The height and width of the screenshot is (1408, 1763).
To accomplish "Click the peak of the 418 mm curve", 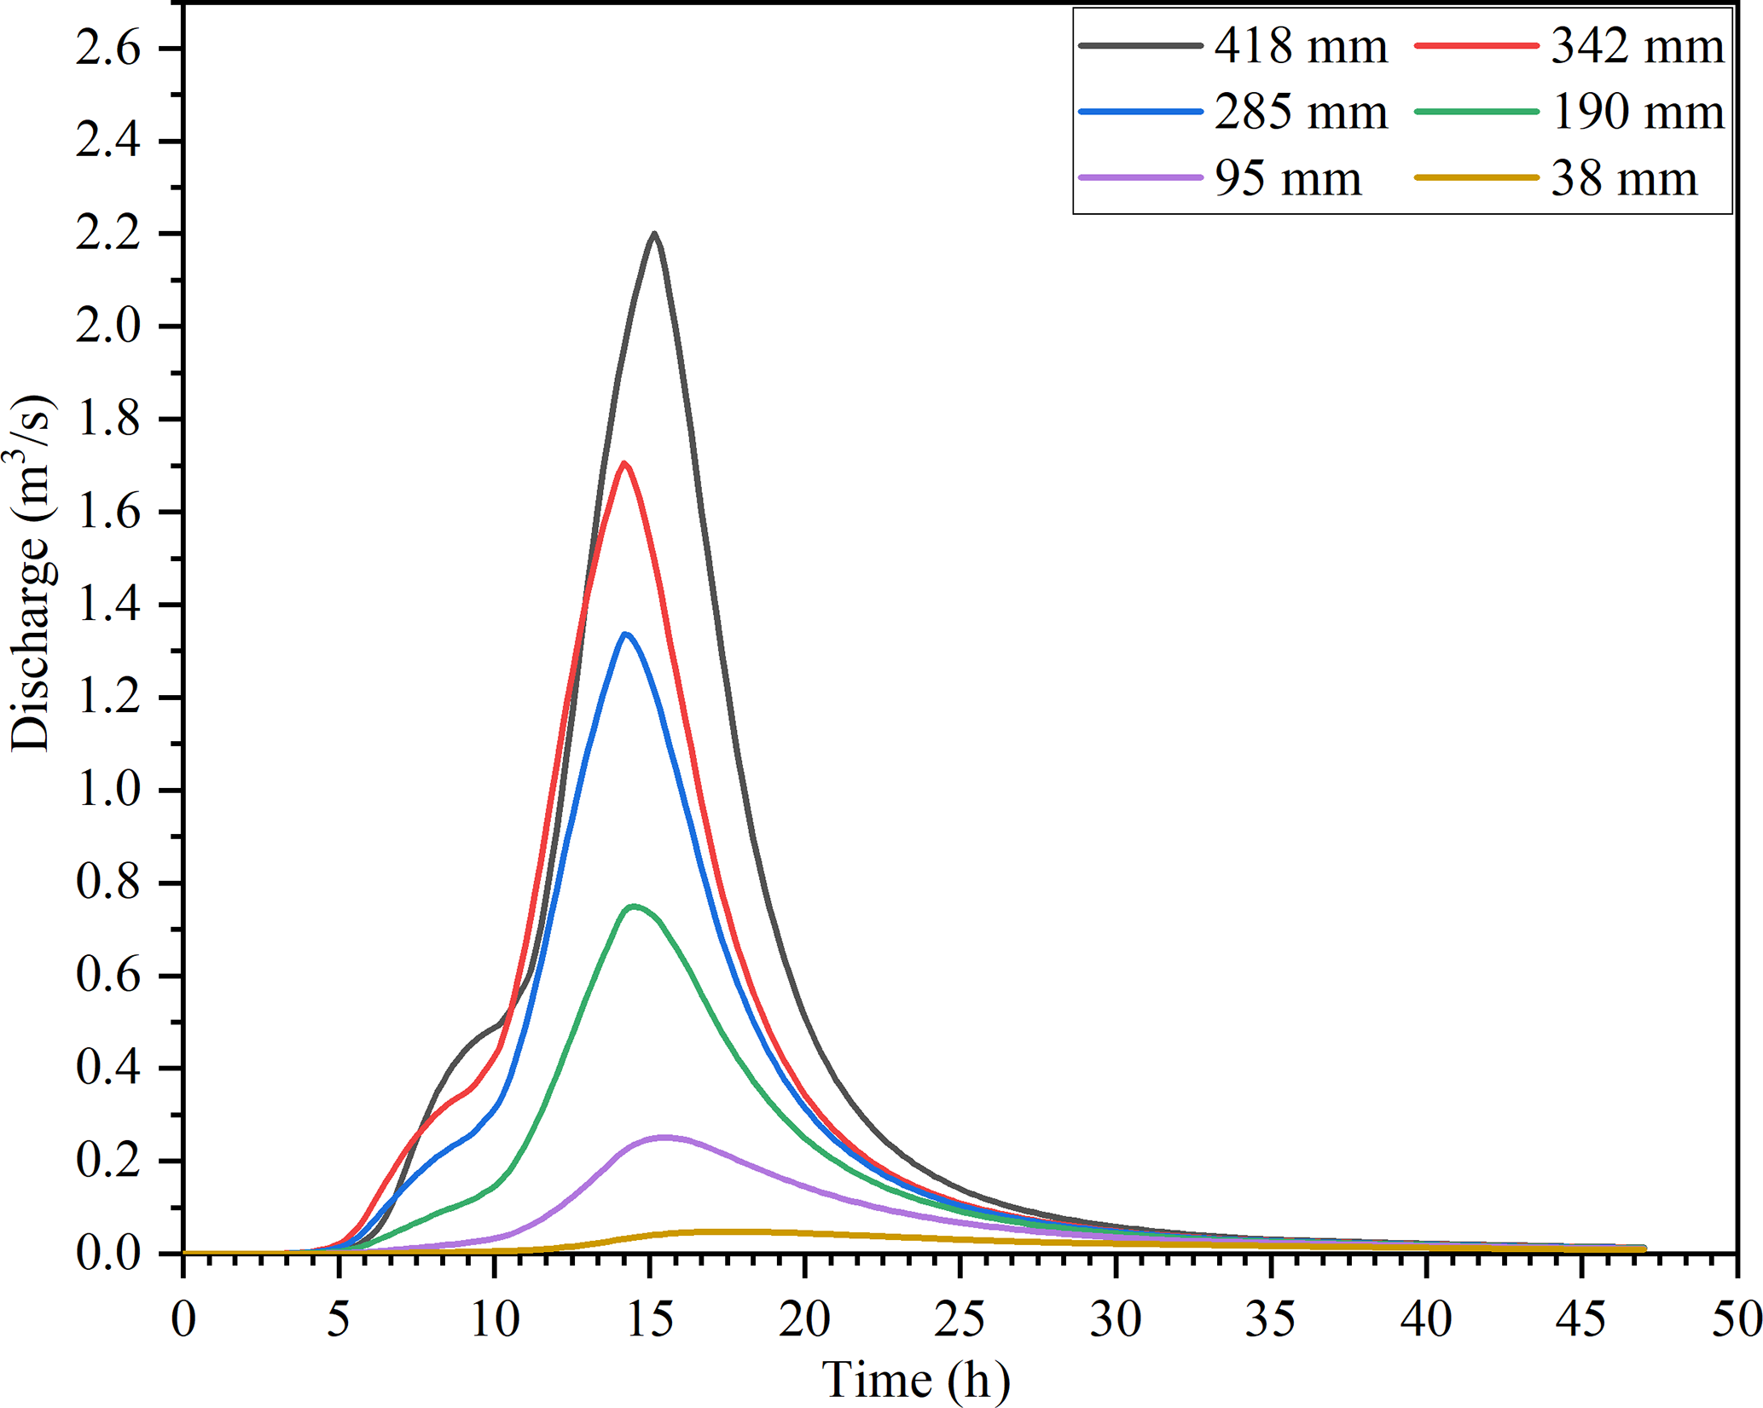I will pos(654,233).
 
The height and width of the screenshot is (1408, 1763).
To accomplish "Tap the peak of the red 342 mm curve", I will pos(625,463).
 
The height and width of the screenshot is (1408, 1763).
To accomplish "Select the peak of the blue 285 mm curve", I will pos(626,634).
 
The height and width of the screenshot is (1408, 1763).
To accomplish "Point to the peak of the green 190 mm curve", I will pos(634,906).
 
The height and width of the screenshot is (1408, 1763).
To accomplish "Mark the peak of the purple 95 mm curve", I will pos(664,1136).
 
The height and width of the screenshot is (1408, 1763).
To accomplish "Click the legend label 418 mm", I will pos(1301,46).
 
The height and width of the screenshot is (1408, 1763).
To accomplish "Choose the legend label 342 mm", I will pos(1637,46).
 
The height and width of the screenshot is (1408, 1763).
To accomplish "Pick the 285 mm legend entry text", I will pos(1301,113).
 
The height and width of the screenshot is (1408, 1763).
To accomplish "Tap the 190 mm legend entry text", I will pos(1637,113).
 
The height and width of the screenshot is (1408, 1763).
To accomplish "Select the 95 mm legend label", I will pos(1288,179).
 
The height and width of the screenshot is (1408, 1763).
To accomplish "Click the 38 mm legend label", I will pos(1624,179).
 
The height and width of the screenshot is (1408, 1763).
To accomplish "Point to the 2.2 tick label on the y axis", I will pos(108,235).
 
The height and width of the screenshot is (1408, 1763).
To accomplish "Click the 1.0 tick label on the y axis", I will pos(108,791).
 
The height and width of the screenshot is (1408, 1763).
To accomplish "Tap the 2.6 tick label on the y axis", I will pos(108,49).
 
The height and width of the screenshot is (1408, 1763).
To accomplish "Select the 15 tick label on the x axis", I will pos(650,1319).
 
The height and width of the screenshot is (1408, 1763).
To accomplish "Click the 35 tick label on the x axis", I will pos(1271,1319).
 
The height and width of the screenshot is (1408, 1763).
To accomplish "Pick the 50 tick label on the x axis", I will pos(1737,1319).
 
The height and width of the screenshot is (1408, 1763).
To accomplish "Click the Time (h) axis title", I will pos(915,1380).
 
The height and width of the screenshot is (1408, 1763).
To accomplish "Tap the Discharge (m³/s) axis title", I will pos(32,573).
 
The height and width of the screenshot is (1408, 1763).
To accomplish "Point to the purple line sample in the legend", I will pos(1140,178).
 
